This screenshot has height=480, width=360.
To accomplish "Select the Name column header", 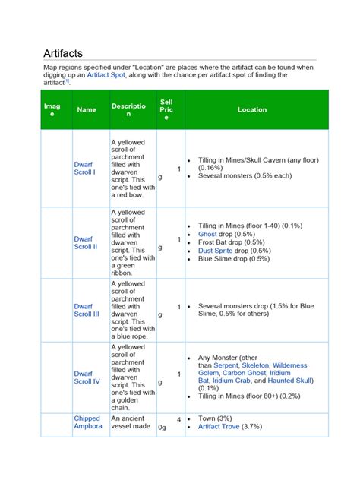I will tap(87, 109).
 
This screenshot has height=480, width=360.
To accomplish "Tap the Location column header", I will tap(252, 109).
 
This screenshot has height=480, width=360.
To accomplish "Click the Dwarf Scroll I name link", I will tap(84, 168).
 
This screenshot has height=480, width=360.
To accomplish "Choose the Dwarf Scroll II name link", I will tap(85, 242).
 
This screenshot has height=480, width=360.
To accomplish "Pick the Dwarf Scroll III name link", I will tap(87, 310).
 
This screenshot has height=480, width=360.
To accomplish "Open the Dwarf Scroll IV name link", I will tap(87, 377).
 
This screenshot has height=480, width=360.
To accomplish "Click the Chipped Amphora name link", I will tap(88, 422).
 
